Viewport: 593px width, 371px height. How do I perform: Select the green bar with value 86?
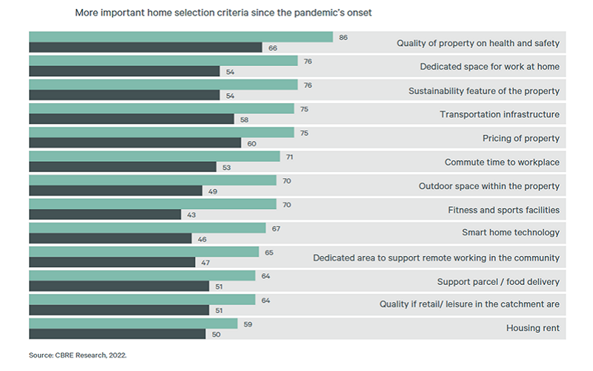pyautogui.click(x=181, y=37)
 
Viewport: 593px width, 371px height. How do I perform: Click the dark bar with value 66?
pyautogui.click(x=145, y=47)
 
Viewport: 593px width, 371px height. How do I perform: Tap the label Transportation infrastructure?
pyautogui.click(x=500, y=114)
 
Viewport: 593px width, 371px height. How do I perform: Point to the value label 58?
pyautogui.click(x=245, y=119)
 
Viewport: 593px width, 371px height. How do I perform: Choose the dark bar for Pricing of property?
pyautogui.click(x=135, y=142)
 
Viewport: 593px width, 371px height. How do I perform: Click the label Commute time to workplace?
pyautogui.click(x=502, y=162)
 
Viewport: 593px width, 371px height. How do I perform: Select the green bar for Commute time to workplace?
pyautogui.click(x=154, y=157)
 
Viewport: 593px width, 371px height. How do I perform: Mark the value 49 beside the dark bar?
pyautogui.click(x=213, y=191)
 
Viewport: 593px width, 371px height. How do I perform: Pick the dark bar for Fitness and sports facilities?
pyautogui.click(x=105, y=214)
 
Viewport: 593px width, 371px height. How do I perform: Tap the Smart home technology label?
pyautogui.click(x=511, y=232)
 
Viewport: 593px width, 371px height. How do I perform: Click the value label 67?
pyautogui.click(x=276, y=229)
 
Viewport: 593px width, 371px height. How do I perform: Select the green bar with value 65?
pyautogui.click(x=144, y=252)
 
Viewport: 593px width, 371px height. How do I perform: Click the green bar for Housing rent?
pyautogui.click(x=133, y=324)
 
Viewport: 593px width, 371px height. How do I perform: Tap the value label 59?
pyautogui.click(x=248, y=324)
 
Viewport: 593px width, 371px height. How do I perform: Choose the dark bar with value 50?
pyautogui.click(x=117, y=334)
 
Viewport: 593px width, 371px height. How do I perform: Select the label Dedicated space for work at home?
pyautogui.click(x=489, y=67)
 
